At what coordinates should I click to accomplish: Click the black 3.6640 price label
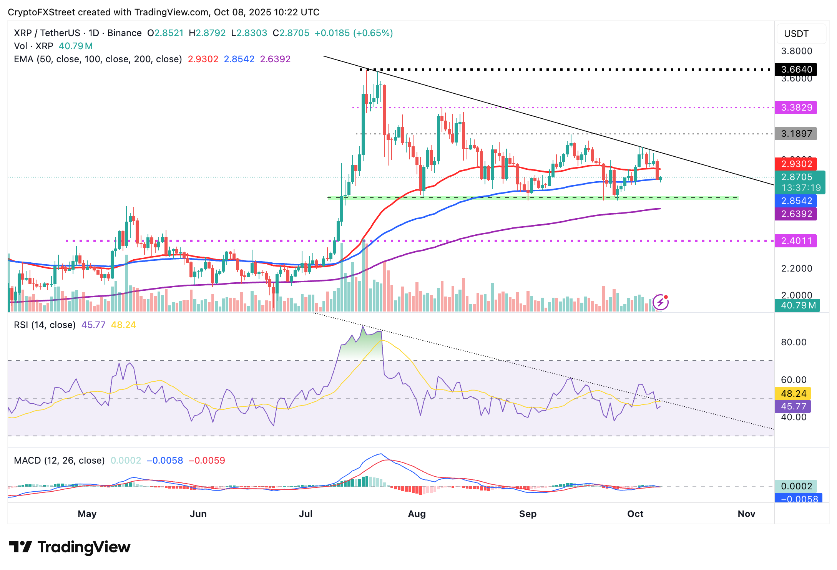coord(795,70)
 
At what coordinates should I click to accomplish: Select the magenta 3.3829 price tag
coord(795,108)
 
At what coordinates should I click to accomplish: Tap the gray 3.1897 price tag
coord(795,134)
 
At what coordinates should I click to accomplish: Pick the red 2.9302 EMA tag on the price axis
coord(795,164)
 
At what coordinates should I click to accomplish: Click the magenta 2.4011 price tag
coord(795,241)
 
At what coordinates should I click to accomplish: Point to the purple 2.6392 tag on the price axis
coord(795,214)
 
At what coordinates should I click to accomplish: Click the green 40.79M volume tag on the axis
coord(797,305)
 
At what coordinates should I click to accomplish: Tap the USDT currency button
coord(796,34)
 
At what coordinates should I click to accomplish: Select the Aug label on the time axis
coord(417,514)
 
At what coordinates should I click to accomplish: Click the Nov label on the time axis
coord(746,514)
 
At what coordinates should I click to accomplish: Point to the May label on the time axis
coord(87,514)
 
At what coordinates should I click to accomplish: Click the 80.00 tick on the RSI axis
coord(794,342)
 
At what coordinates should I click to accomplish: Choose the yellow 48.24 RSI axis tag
coord(793,394)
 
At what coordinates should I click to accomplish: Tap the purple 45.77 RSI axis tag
coord(793,406)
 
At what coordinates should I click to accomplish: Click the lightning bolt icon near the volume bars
coord(661,302)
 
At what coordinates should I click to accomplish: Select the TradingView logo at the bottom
coord(70,547)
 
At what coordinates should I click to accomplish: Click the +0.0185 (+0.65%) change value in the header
coord(354,33)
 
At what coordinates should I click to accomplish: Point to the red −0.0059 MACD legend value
coord(207,461)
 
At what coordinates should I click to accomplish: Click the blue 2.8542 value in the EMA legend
coord(239,59)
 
